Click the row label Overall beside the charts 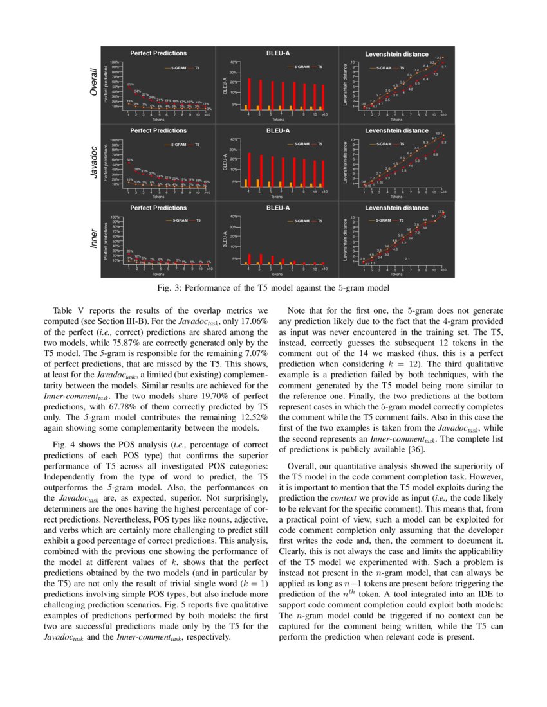point(94,83)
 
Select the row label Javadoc point(94,161)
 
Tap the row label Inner point(94,238)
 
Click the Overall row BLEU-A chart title point(278,53)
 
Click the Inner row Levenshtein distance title point(396,208)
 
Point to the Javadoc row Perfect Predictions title point(158,130)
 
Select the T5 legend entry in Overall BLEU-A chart point(320,67)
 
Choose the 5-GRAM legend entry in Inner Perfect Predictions point(179,221)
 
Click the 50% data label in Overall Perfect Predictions point(130,84)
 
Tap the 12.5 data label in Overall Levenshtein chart point(438,58)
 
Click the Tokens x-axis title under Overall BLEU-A point(278,119)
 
